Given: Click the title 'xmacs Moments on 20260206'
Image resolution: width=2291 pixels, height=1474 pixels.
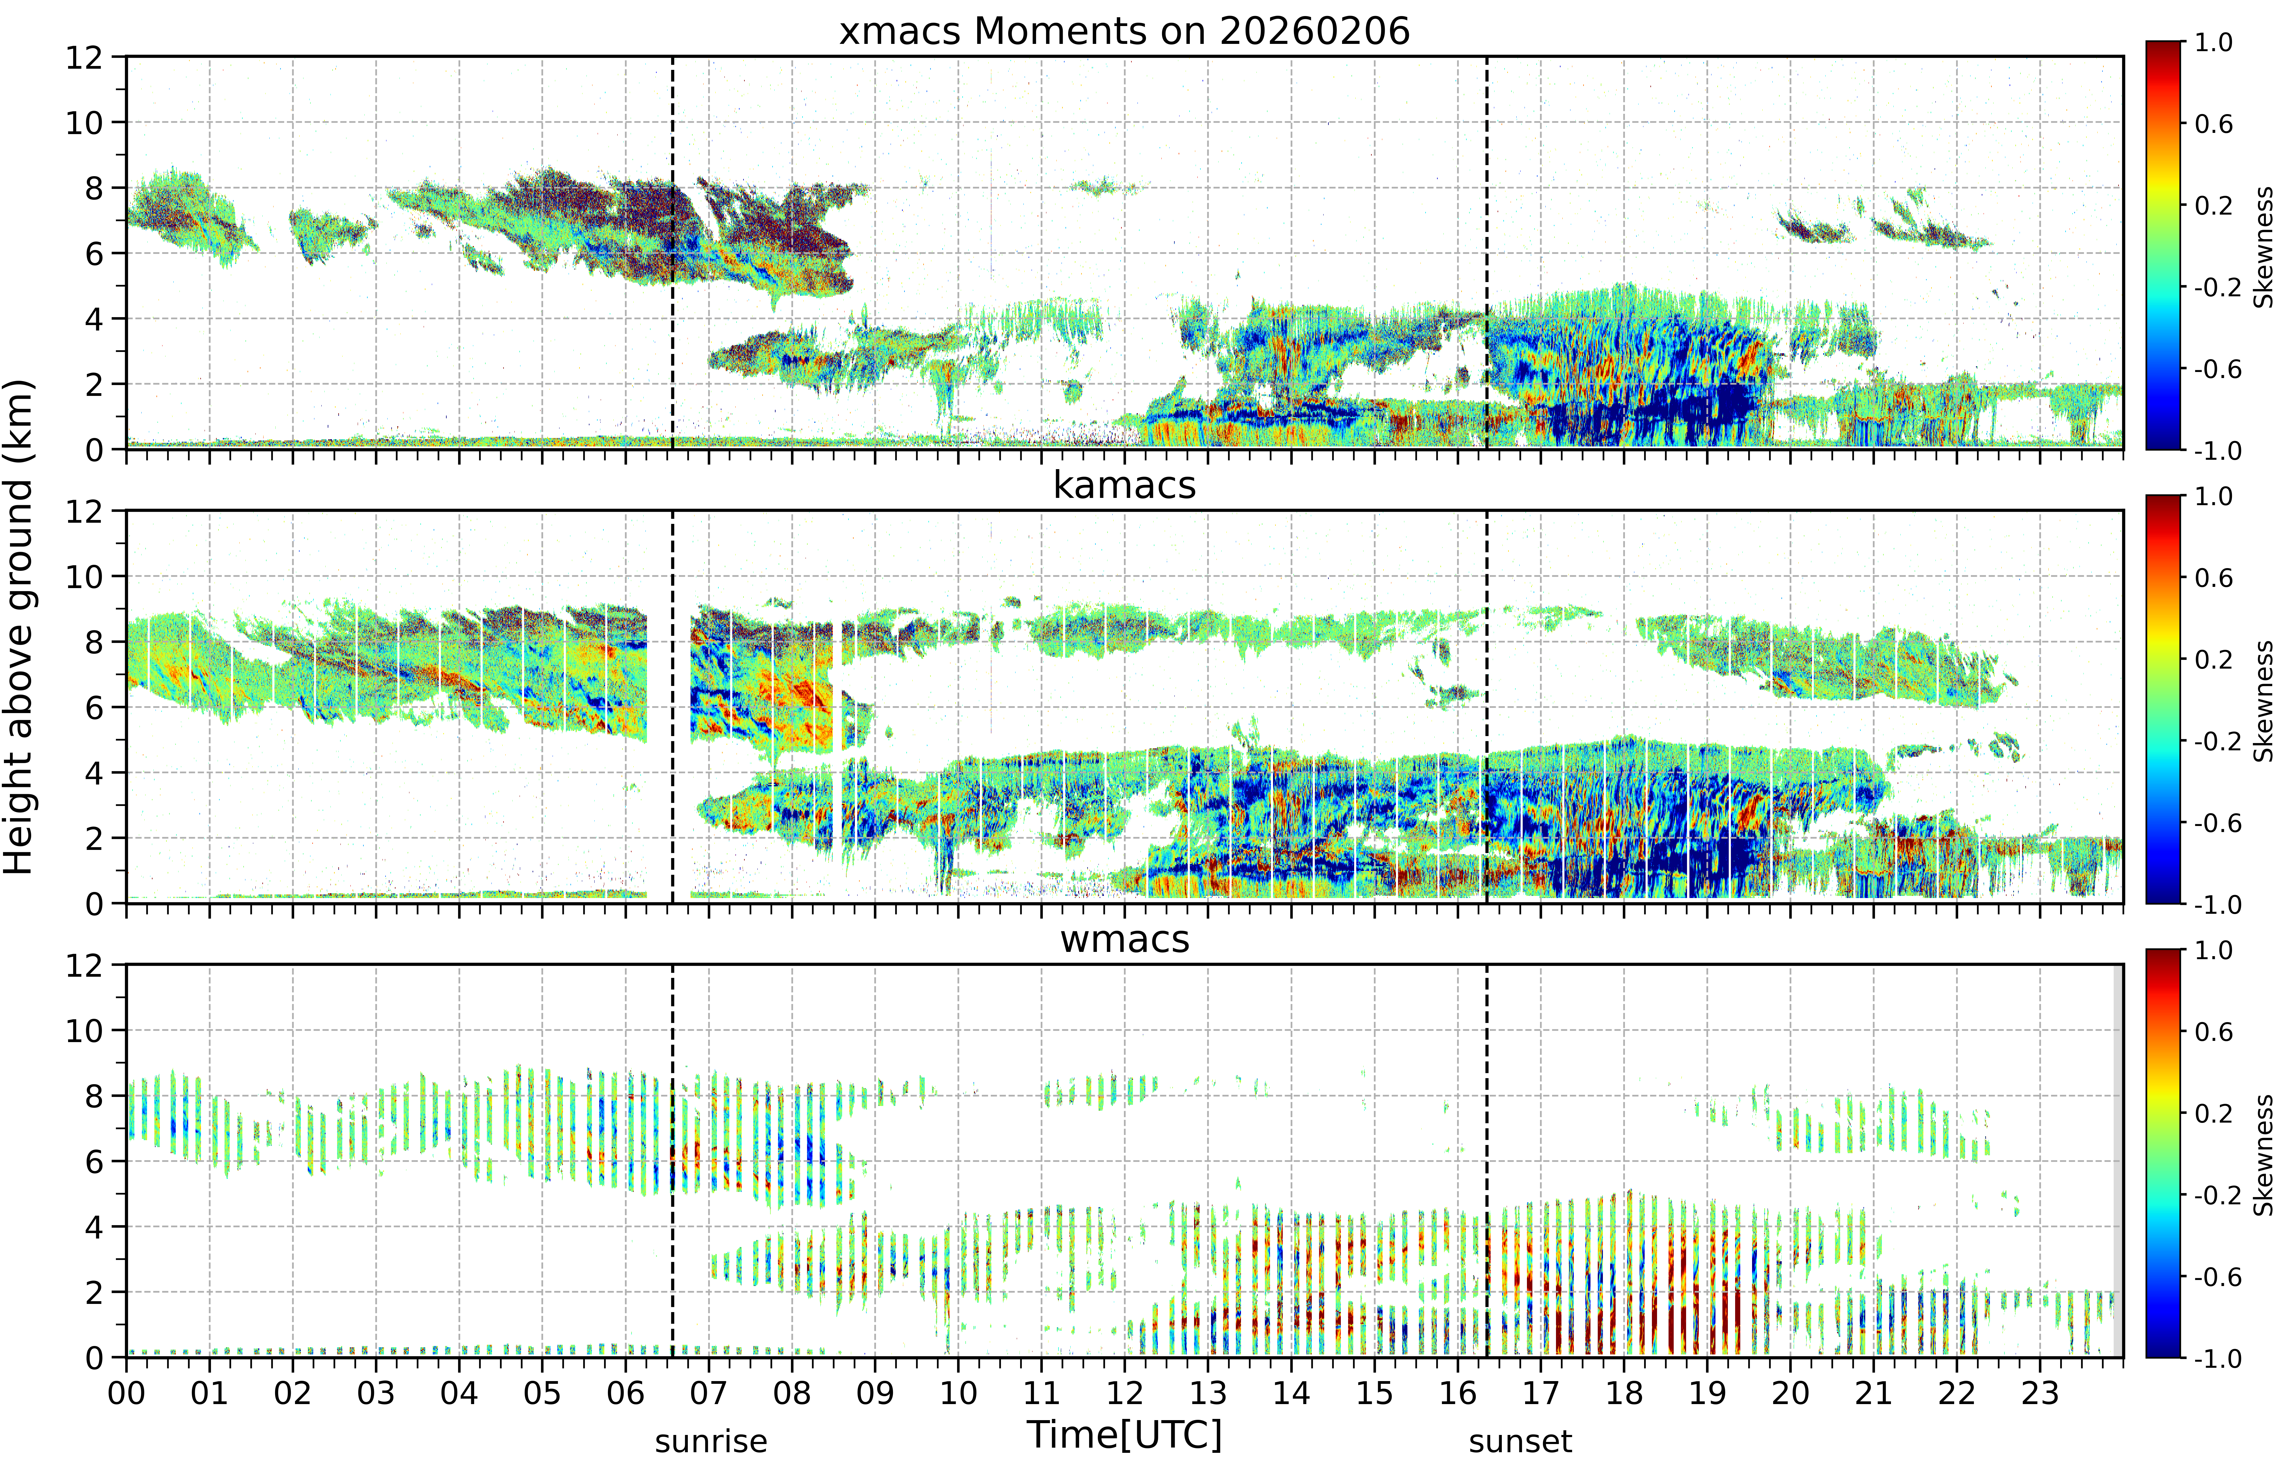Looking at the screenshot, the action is [1124, 31].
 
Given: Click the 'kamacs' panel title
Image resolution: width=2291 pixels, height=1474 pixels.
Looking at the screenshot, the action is [1124, 485].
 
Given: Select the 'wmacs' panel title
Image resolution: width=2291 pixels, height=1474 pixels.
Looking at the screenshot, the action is [1124, 939].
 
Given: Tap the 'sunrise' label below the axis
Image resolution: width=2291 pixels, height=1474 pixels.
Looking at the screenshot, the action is [711, 1441].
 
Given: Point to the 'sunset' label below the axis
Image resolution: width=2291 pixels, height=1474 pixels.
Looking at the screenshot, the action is [1521, 1441].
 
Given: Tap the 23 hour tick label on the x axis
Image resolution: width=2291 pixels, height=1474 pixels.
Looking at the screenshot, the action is [2039, 1393].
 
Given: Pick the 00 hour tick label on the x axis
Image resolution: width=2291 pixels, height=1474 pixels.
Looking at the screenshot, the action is [126, 1393].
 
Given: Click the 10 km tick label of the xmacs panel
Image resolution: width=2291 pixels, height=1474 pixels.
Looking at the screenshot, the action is [84, 123].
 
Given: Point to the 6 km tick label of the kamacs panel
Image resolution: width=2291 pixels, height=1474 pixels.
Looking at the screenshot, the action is [94, 707].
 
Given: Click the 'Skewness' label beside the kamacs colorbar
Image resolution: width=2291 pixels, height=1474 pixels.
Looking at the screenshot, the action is [2263, 701].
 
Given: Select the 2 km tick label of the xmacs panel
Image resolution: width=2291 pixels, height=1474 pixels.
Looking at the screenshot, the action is [94, 384].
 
